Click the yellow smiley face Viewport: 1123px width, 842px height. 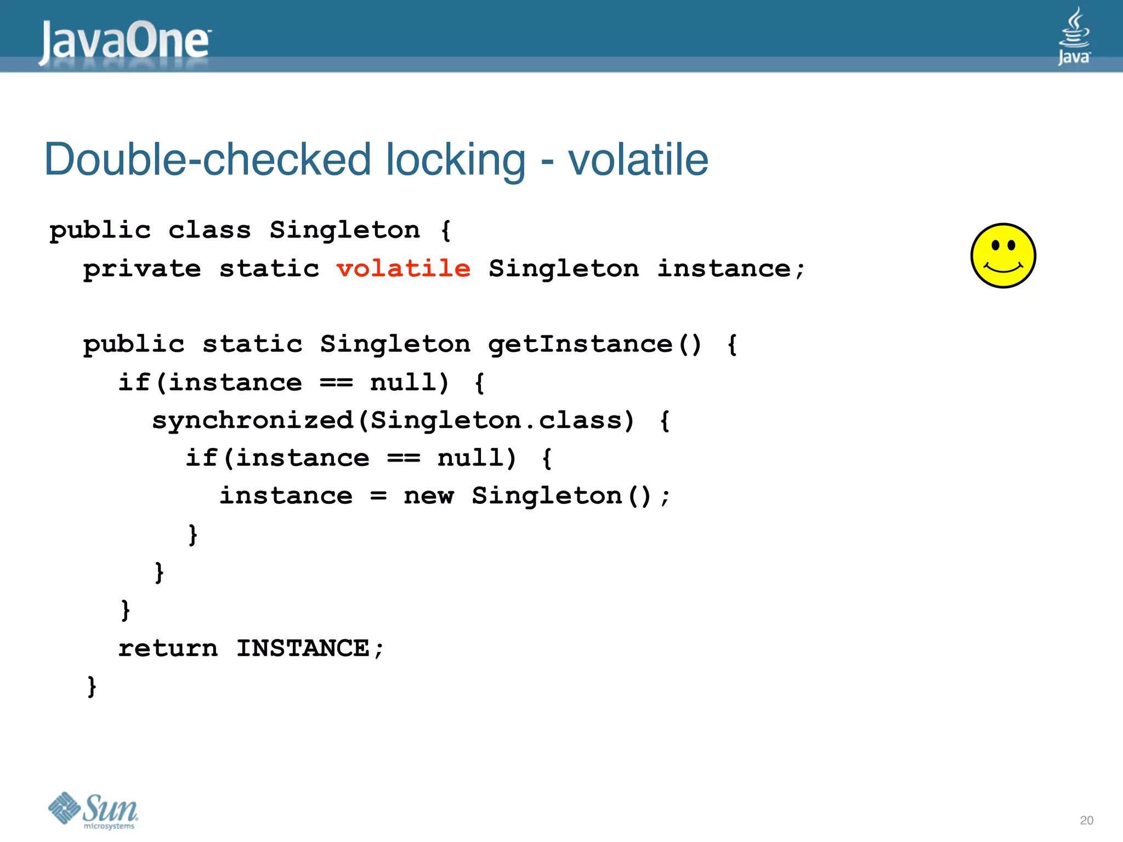pyautogui.click(x=1003, y=255)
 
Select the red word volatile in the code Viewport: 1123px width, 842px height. pyautogui.click(x=404, y=269)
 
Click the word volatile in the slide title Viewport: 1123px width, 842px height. pyautogui.click(x=638, y=160)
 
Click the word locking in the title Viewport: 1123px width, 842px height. pyautogui.click(x=455, y=161)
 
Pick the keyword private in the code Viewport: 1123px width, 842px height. pyautogui.click(x=142, y=269)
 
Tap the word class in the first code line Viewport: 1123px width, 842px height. pyautogui.click(x=209, y=230)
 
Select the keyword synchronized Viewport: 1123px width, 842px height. pyautogui.click(x=253, y=420)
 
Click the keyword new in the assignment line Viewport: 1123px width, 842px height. pyautogui.click(x=429, y=496)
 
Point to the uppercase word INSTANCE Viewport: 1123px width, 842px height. pyautogui.click(x=303, y=648)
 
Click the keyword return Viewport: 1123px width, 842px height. pyautogui.click(x=168, y=648)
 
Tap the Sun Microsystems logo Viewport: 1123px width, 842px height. pyautogui.click(x=93, y=810)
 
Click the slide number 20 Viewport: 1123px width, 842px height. pyautogui.click(x=1086, y=820)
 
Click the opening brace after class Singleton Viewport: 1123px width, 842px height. pyautogui.click(x=446, y=231)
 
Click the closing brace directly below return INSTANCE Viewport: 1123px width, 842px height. pyautogui.click(x=92, y=686)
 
